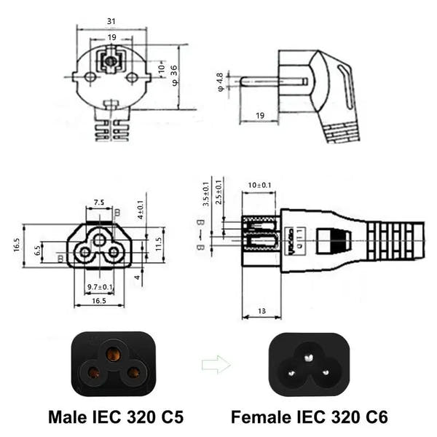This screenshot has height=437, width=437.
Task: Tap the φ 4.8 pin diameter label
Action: click(x=221, y=82)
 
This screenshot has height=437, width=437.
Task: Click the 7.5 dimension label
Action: click(x=98, y=202)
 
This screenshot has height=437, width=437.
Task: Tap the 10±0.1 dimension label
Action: click(x=259, y=186)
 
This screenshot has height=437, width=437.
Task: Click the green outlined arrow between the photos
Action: click(x=216, y=364)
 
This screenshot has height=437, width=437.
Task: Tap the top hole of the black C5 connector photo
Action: click(x=112, y=353)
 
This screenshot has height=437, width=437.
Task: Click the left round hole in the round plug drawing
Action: click(x=90, y=76)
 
